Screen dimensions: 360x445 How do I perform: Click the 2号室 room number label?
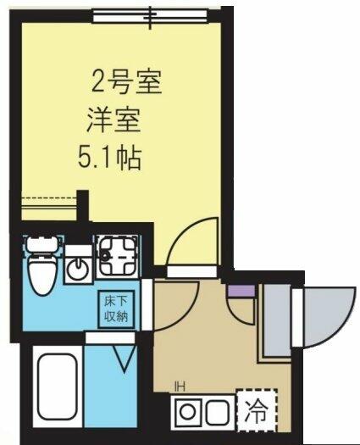click(126, 82)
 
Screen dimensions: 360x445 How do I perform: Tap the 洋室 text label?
click(114, 121)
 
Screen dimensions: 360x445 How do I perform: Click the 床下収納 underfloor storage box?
click(116, 309)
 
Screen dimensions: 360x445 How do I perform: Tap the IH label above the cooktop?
click(180, 386)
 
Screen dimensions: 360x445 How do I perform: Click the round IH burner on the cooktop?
click(187, 411)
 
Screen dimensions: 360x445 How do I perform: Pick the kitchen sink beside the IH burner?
click(218, 412)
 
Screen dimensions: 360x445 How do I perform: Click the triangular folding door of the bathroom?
click(124, 358)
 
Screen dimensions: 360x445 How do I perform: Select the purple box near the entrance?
click(241, 291)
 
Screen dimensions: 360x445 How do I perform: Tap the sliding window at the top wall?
click(151, 16)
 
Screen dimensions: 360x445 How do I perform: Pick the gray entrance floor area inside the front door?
click(277, 320)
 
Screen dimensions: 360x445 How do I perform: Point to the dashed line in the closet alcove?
click(50, 197)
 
